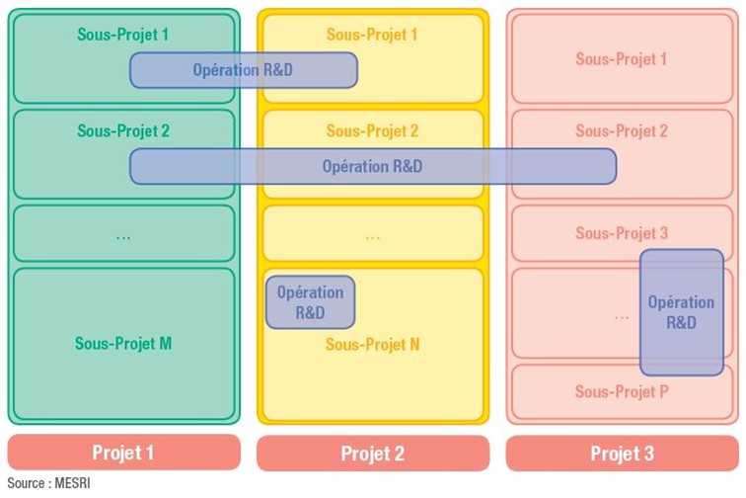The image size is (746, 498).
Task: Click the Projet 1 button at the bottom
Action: click(123, 454)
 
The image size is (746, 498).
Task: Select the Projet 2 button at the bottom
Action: click(373, 454)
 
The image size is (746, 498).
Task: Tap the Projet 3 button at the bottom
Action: click(622, 454)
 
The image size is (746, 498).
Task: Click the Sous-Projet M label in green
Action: click(123, 344)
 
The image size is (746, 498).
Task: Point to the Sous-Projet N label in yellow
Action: click(373, 345)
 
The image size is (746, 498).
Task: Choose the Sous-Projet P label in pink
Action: click(622, 392)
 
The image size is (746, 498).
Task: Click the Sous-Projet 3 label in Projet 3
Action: click(622, 234)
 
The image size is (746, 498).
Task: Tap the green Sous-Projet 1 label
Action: click(123, 35)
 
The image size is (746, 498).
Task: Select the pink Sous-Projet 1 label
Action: click(622, 59)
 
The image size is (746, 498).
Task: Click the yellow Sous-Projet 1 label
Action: click(373, 35)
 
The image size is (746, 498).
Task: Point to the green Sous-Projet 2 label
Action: click(123, 130)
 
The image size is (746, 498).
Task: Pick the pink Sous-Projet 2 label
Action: click(622, 130)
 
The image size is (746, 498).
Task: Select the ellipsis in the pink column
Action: click(622, 316)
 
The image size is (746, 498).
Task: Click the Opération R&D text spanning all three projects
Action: click(372, 166)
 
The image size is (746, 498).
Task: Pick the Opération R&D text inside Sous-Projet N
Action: click(310, 302)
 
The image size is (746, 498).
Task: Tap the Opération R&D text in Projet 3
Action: click(681, 312)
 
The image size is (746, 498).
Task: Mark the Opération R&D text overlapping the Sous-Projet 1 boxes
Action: click(243, 70)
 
